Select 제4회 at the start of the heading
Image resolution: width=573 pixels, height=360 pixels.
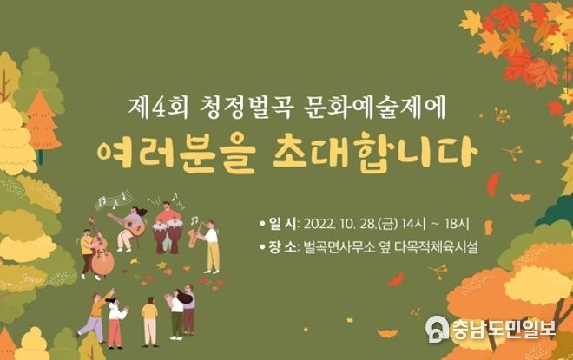coord(158,108)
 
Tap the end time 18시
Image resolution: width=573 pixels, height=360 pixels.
coord(457,224)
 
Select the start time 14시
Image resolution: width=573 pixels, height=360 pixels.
coord(413,224)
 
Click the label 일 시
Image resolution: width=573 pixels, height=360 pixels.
coord(283,224)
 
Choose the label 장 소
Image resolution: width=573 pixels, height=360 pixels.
coord(283,247)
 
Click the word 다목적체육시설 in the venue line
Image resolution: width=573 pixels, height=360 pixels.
coord(436,247)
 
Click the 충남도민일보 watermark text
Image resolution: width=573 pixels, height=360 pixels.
coord(504,329)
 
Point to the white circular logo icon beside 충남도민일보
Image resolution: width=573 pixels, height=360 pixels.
coord(437,329)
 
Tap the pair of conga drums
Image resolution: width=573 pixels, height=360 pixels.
coord(168,237)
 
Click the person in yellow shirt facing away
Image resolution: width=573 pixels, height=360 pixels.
coord(150,321)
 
